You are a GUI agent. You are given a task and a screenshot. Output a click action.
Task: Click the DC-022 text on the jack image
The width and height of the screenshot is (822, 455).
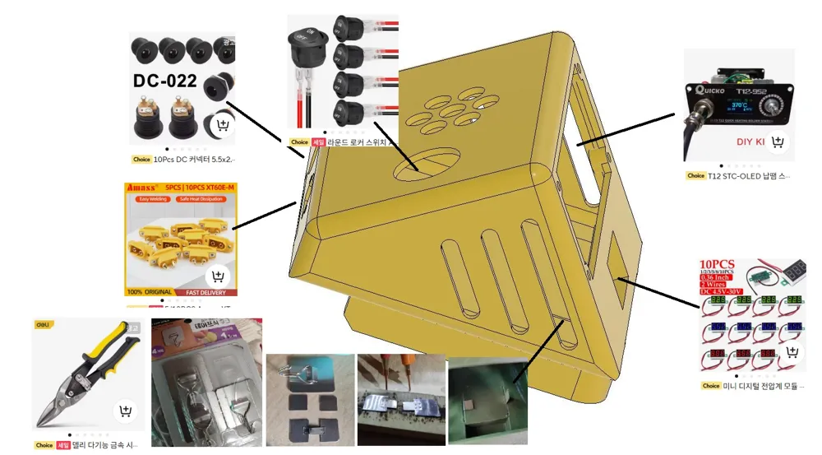(x=165, y=81)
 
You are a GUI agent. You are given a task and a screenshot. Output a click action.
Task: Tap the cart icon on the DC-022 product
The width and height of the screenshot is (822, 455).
(x=221, y=126)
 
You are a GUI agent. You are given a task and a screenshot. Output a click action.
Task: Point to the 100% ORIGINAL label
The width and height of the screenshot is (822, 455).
(x=146, y=292)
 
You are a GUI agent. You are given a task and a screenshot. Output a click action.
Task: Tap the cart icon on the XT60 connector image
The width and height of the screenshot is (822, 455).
(x=218, y=276)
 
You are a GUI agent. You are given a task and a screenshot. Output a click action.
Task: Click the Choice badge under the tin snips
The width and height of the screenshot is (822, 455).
(x=44, y=445)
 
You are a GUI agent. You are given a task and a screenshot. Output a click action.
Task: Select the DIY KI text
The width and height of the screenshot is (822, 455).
(x=750, y=142)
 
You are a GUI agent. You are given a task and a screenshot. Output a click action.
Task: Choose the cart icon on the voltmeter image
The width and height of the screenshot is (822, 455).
(x=792, y=352)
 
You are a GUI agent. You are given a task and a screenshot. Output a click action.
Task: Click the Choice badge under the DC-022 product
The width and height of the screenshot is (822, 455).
(x=141, y=160)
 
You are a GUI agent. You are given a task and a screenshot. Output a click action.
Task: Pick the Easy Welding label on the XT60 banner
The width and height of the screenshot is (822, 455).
(x=150, y=198)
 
